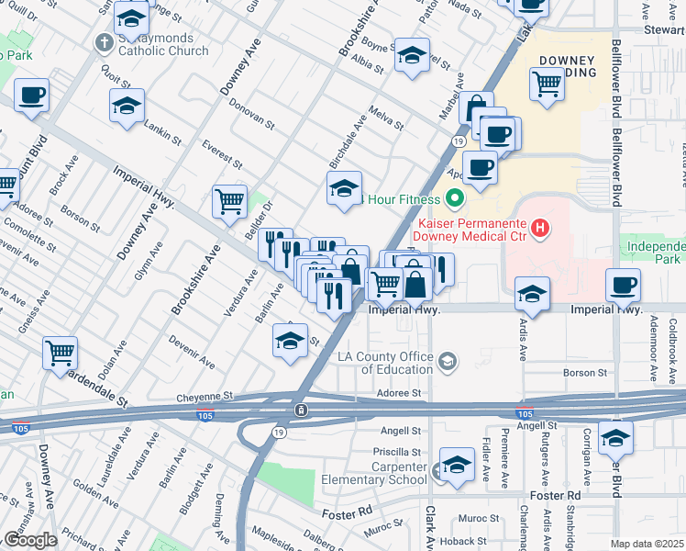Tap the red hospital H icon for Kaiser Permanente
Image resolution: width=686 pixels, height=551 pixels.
541,227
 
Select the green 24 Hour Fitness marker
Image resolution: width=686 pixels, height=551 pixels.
454,198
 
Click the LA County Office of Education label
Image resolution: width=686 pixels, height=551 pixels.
396,362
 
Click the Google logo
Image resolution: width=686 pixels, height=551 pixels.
29,540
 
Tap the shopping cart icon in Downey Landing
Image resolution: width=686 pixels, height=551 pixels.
547,84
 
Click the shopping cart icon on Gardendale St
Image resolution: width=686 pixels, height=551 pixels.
60,352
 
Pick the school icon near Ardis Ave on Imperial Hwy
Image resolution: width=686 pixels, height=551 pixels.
532,294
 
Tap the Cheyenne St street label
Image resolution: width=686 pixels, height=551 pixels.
205,398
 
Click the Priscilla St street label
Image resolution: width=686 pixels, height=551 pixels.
396,452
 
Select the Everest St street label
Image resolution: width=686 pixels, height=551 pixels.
223,155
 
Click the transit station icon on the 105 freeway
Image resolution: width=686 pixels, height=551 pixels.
300,410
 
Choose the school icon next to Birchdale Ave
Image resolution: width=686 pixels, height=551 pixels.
345,189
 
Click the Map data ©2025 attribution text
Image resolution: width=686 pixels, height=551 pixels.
647,544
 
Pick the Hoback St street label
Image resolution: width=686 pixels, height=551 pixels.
456,542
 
